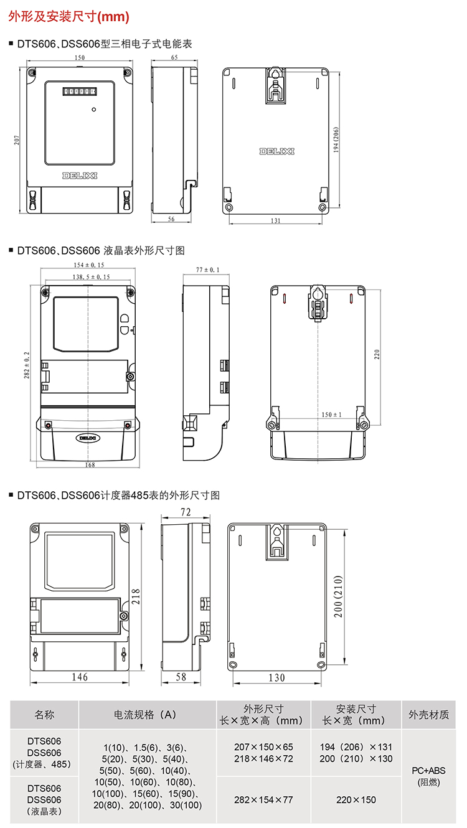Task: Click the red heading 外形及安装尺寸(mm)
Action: point(68,17)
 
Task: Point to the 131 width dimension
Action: point(276,220)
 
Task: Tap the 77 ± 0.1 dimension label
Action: point(208,270)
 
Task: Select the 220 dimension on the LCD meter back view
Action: point(376,355)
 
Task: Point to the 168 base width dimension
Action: point(90,464)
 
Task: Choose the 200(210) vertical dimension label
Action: point(338,596)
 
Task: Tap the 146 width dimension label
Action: point(80,677)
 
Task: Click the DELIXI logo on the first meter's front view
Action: point(80,175)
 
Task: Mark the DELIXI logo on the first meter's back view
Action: point(276,151)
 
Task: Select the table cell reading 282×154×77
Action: point(263,799)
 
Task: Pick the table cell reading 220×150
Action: point(356,799)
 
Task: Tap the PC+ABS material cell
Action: point(429,771)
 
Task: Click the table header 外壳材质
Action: point(429,715)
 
